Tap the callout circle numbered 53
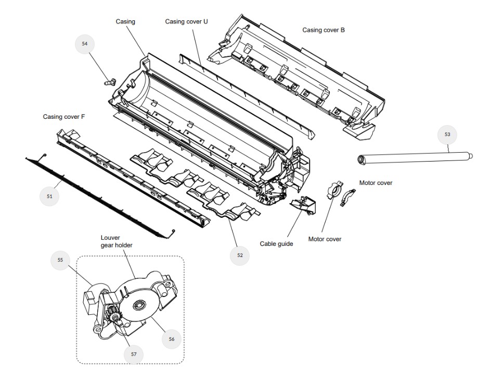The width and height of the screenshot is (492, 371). pos(447,134)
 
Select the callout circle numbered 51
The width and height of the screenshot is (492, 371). pos(50,196)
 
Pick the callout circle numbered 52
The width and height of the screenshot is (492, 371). pos(240,255)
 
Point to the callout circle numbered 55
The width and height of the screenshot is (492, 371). pos(60,259)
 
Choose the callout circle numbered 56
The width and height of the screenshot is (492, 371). pos(172,338)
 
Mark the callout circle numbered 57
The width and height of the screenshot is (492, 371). pos(134,354)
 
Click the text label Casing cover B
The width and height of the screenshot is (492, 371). pos(323,30)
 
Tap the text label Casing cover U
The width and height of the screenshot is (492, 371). pos(186,21)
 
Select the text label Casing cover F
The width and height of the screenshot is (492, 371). pos(63,117)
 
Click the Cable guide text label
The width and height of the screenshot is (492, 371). pos(276,243)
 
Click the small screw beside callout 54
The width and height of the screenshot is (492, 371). pos(109,81)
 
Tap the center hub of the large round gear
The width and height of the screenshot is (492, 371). pos(139,305)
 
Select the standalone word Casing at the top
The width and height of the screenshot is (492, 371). pos(125,21)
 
